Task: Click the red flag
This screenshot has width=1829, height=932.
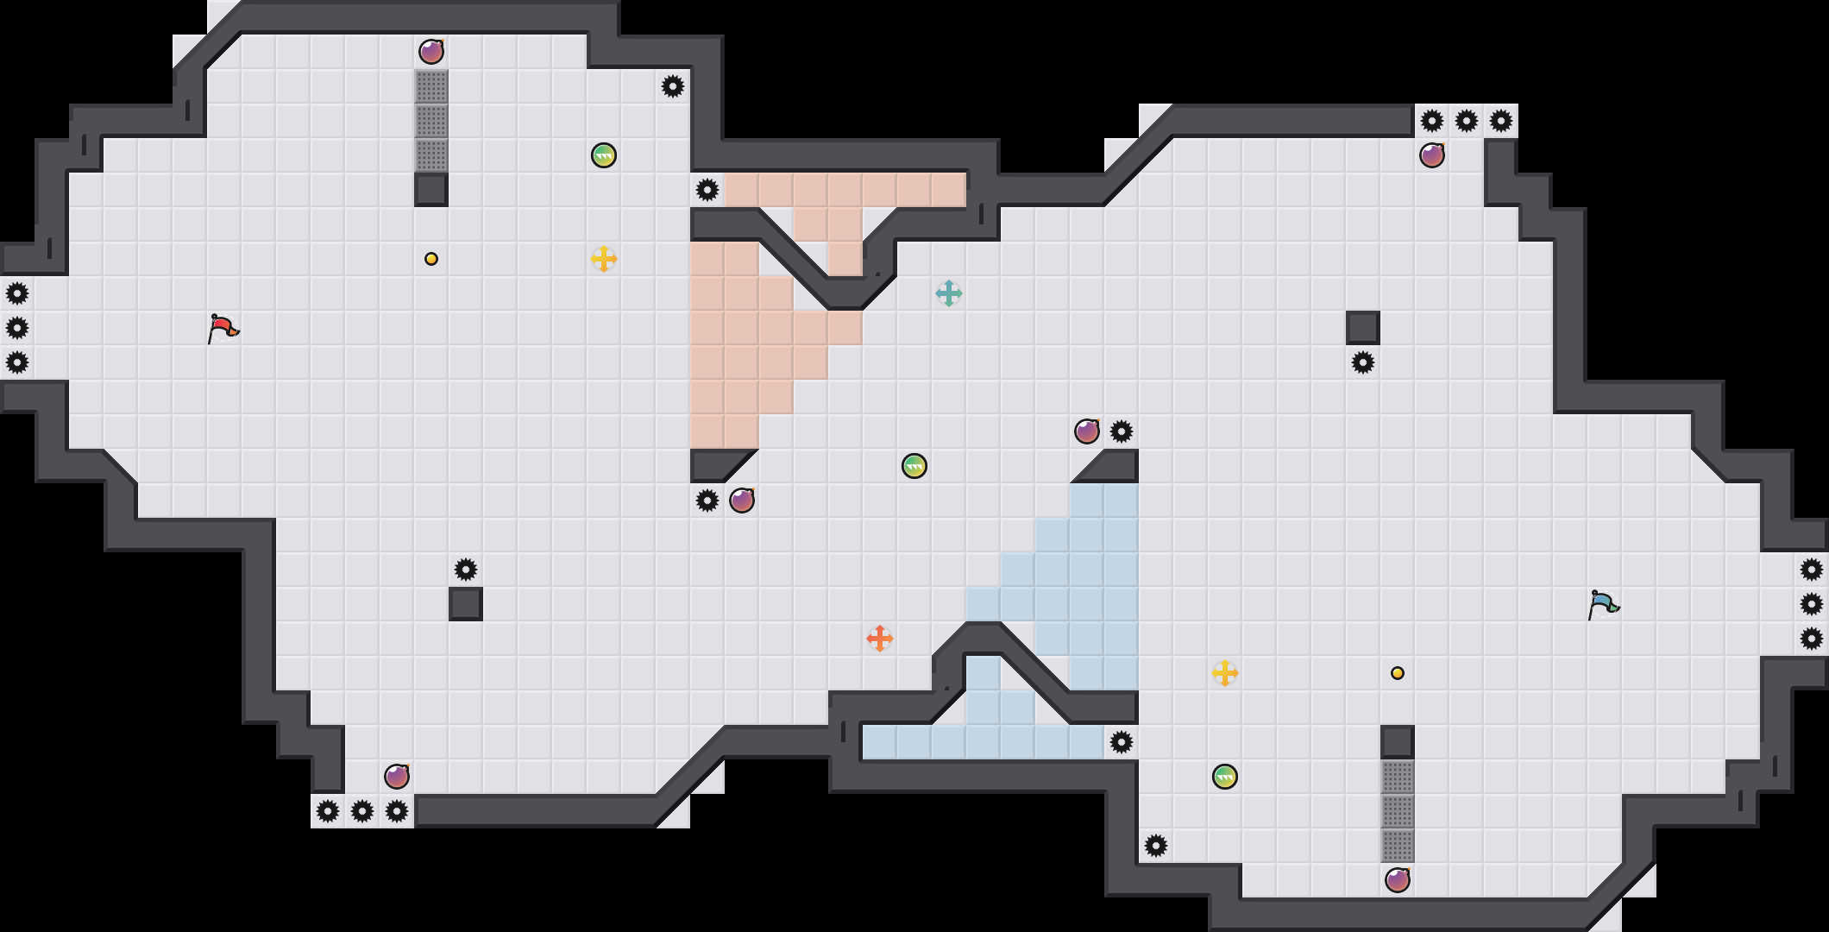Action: click(x=223, y=328)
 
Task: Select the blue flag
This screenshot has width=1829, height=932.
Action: click(x=1603, y=604)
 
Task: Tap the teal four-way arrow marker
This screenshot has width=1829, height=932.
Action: click(x=949, y=293)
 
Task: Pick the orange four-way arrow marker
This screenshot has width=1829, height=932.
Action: click(x=880, y=639)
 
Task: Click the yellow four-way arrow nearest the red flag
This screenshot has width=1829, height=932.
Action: click(x=604, y=259)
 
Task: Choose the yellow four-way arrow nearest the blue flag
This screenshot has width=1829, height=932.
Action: click(x=1225, y=673)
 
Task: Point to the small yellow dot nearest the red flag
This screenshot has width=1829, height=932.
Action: click(x=431, y=259)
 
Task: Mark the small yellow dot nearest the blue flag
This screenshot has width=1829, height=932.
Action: click(x=1398, y=673)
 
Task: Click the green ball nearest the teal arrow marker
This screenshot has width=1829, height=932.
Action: click(x=914, y=466)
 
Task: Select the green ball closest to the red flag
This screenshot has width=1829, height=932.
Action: click(x=604, y=155)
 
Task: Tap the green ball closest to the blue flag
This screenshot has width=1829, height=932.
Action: click(x=1225, y=777)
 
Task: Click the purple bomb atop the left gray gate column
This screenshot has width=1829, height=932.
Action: click(x=431, y=52)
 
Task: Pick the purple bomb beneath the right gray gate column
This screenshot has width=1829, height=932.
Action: click(x=1398, y=880)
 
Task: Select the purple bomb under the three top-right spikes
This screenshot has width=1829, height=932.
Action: click(x=1432, y=155)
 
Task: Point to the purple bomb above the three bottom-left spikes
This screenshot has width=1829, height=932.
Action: click(x=397, y=777)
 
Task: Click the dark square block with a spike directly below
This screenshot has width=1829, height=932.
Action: click(x=1363, y=328)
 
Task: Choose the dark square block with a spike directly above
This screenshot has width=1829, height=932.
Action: click(x=466, y=604)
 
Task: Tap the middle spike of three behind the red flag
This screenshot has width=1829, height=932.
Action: click(x=17, y=328)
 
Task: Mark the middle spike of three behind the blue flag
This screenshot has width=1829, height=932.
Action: click(x=1812, y=604)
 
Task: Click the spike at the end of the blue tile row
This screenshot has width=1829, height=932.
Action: click(x=1122, y=742)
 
